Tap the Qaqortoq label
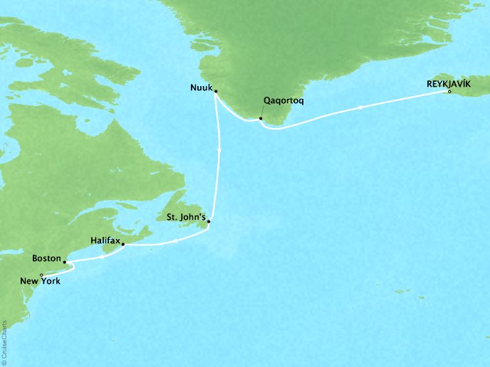[284, 101]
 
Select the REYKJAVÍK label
[448, 83]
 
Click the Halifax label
[105, 241]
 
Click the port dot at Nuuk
[215, 91]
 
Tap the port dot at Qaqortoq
[261, 118]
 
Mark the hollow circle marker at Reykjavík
[449, 92]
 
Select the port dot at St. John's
[208, 222]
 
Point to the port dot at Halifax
[124, 245]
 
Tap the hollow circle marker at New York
[41, 275]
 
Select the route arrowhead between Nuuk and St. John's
[219, 150]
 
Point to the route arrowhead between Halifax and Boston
[105, 257]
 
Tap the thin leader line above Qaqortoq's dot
[264, 112]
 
